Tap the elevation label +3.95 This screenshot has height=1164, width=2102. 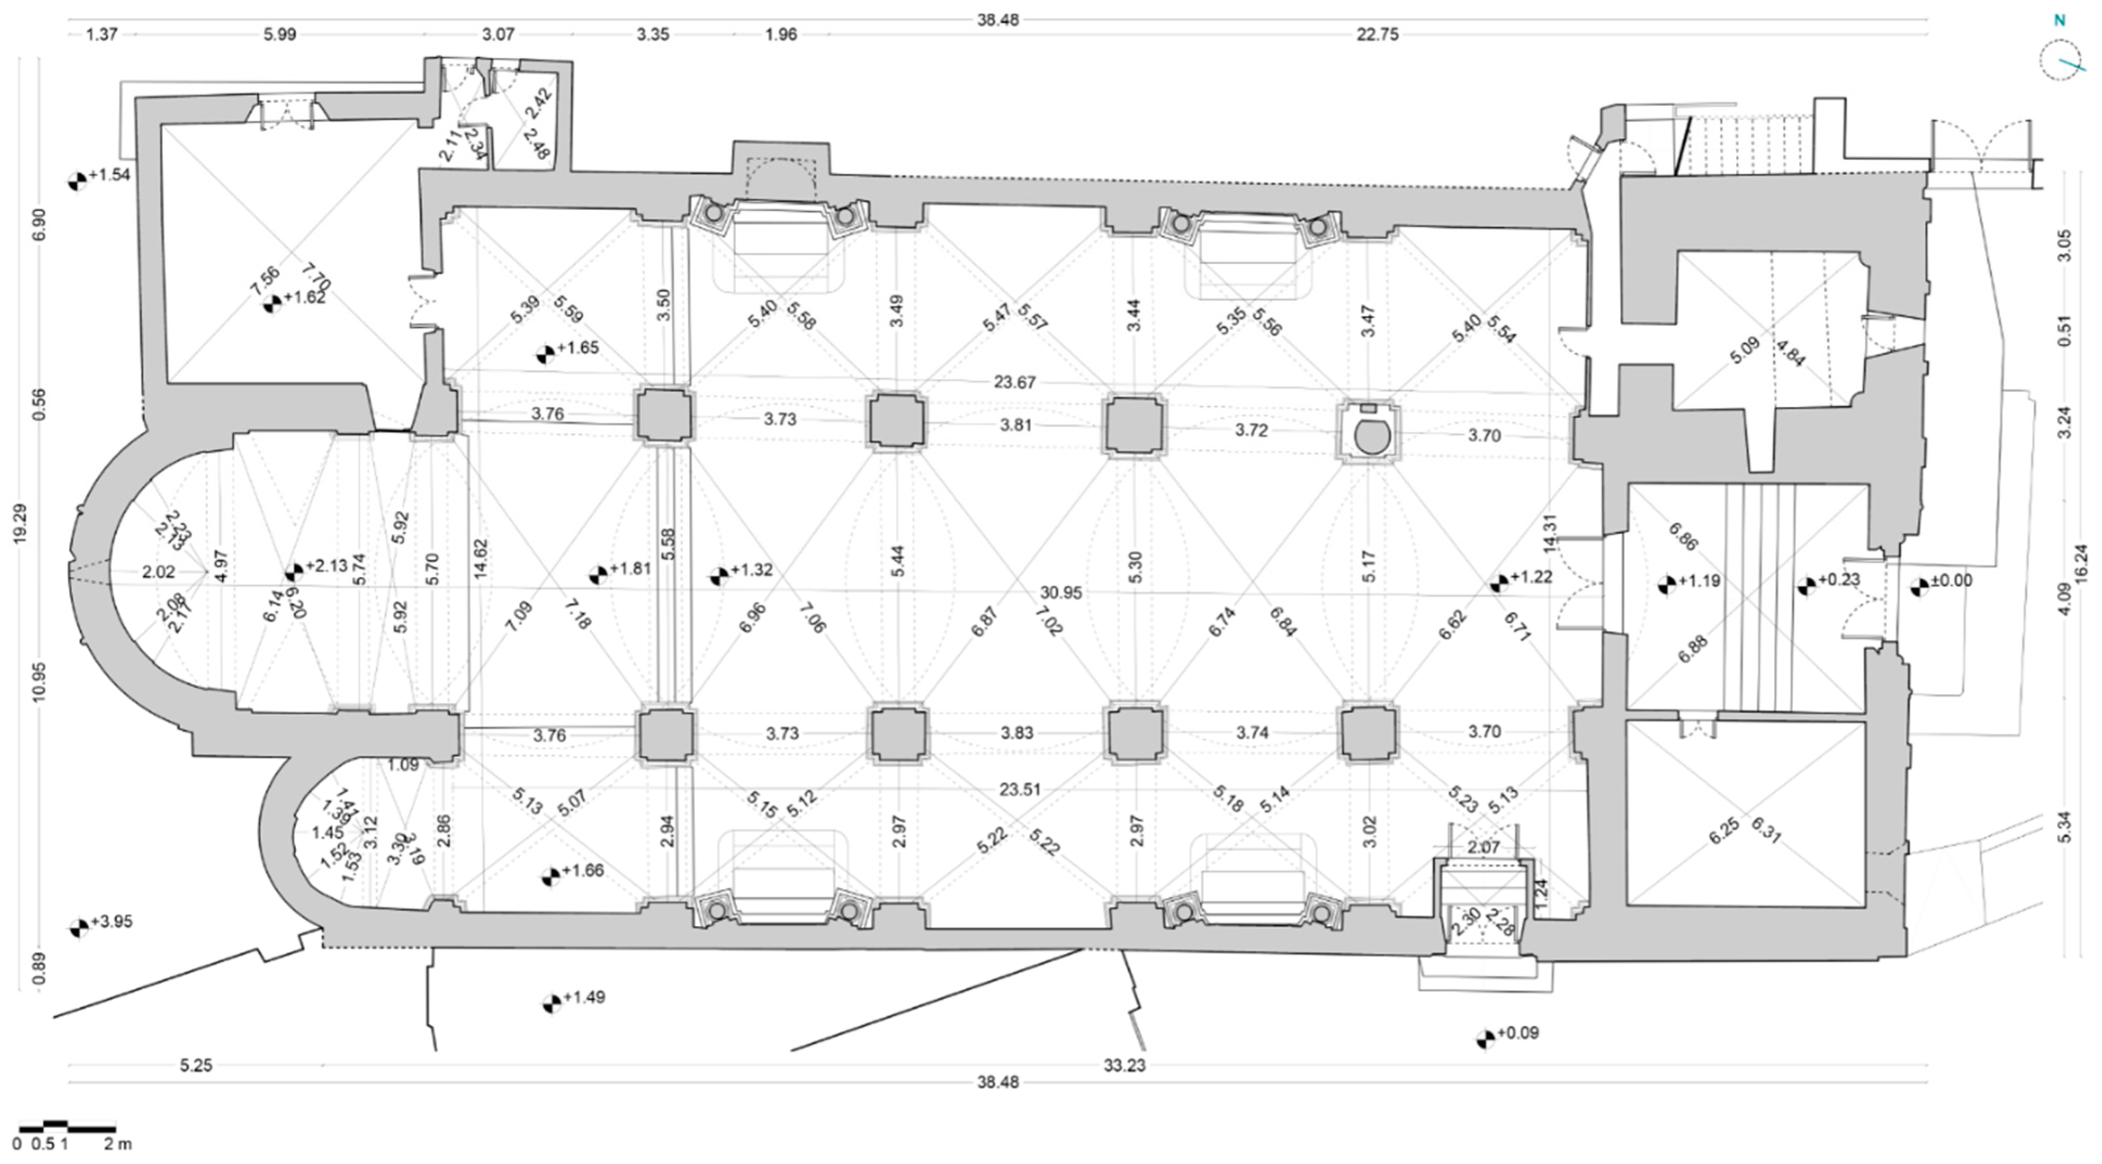coord(111,922)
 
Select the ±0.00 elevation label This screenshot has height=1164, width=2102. coord(1951,580)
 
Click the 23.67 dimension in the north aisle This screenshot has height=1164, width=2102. coord(1014,382)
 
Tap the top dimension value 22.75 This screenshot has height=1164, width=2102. coord(1377,34)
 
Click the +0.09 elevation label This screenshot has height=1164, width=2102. coord(1518,1032)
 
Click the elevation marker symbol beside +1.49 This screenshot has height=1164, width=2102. coord(552,1003)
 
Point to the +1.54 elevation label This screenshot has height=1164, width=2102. coord(109,174)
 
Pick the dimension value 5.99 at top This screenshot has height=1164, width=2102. coord(280,34)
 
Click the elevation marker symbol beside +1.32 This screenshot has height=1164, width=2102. coord(718,576)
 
